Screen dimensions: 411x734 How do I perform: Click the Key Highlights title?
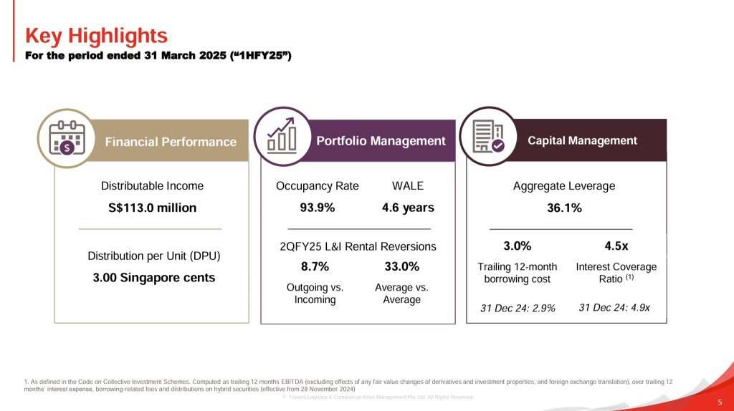pos(96,35)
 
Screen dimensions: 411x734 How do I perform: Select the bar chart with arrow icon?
pos(282,137)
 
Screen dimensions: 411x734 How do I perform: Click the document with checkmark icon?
pos(488,136)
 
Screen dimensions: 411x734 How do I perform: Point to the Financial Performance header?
pos(171,142)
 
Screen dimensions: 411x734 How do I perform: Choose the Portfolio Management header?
pos(381,141)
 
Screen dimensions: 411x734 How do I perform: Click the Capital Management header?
pos(582,140)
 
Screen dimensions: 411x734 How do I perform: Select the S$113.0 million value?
pos(152,208)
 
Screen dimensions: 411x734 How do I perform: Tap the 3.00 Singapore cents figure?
pos(154,278)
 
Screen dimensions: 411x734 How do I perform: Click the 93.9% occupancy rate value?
pos(317,208)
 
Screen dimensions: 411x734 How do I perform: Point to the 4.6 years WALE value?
pos(408,208)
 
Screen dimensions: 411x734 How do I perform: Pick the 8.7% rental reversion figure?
pos(315,267)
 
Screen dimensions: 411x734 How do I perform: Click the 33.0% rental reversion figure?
pos(401,267)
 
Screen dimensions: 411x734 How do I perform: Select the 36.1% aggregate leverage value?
pos(564,208)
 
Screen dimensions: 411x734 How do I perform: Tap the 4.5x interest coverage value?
pos(616,246)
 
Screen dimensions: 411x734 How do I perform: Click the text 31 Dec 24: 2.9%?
pos(518,309)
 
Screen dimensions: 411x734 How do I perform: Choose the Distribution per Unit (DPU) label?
pos(153,256)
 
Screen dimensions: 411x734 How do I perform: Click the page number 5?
pos(719,402)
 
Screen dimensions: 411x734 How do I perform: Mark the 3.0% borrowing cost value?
pos(517,246)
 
